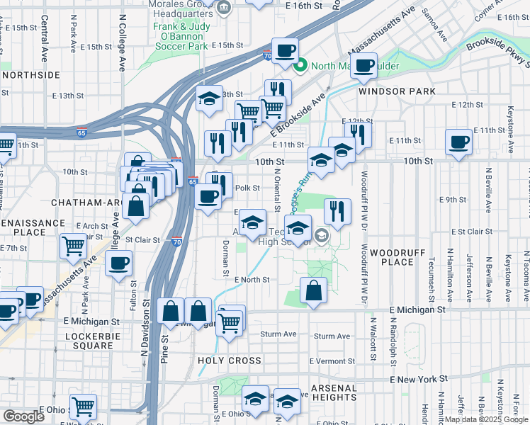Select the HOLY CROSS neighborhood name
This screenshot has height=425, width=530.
[230, 361]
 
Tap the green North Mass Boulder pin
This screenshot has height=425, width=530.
[300, 67]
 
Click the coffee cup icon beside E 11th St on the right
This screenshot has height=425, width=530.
[458, 142]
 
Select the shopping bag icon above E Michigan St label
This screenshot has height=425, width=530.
[313, 290]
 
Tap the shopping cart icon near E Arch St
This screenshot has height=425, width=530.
[73, 246]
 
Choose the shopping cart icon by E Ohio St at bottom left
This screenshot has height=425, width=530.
[84, 407]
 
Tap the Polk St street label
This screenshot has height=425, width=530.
[243, 188]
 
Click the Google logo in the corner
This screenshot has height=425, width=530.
[23, 416]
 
